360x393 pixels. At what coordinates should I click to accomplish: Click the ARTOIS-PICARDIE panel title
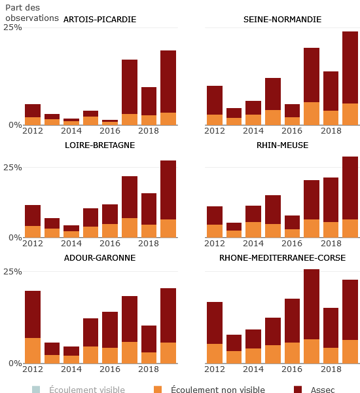pos(99,20)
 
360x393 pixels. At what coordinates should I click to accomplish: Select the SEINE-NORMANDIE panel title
pos(282,20)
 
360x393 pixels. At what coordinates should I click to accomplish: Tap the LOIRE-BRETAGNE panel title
pos(99,145)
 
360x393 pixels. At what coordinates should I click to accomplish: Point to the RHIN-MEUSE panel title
pos(282,145)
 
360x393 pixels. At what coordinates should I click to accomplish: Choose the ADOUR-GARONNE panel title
pos(99,258)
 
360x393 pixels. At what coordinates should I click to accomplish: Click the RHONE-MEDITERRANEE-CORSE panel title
pos(282,258)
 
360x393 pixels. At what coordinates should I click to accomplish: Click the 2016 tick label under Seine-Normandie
pos(293,131)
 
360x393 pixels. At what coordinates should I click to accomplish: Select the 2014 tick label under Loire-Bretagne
pos(71,244)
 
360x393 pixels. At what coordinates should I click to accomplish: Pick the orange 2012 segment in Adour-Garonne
pos(33,350)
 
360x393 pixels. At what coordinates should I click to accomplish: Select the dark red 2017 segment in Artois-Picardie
pos(130,86)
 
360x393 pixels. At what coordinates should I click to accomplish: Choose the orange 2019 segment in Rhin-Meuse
pos(350,228)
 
